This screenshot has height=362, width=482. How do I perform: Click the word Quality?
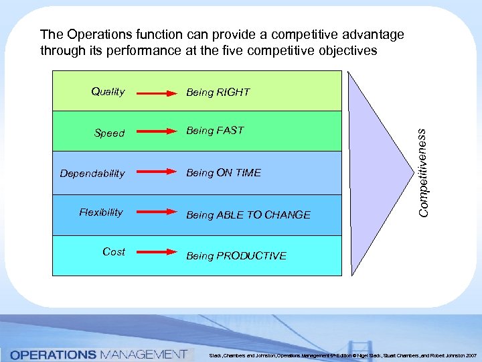coord(108,92)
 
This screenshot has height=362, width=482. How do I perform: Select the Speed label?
coord(109,133)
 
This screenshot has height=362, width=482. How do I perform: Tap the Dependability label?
coord(92,174)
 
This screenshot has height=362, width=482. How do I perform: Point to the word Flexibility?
coord(101,213)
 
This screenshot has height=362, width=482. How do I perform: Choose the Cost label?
coord(113,252)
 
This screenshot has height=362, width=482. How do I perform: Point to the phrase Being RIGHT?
coord(218,93)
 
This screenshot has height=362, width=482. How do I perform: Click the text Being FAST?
coord(215,131)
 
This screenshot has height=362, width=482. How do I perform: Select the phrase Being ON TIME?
coord(224,173)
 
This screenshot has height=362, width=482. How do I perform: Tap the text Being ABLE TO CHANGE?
coord(248,215)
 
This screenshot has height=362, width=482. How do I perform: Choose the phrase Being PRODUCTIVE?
coord(236,256)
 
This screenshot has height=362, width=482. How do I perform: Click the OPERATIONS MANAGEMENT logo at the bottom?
coord(98,353)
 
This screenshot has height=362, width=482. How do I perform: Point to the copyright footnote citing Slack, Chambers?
coord(342,355)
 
